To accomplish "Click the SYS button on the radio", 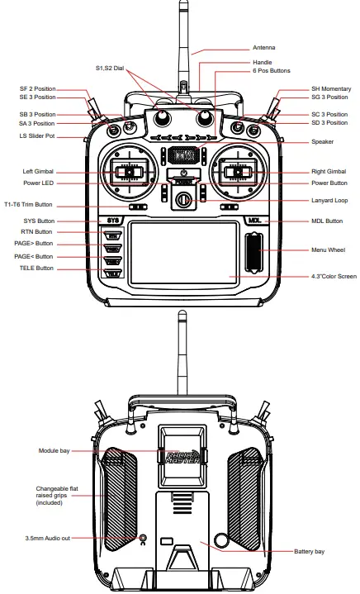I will (x=115, y=221).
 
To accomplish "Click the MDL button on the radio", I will (x=254, y=221).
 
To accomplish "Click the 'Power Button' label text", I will (x=306, y=183).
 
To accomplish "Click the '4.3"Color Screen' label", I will (x=310, y=277).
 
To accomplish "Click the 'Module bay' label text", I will (x=55, y=451).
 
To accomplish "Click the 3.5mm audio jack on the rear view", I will (x=144, y=539).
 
